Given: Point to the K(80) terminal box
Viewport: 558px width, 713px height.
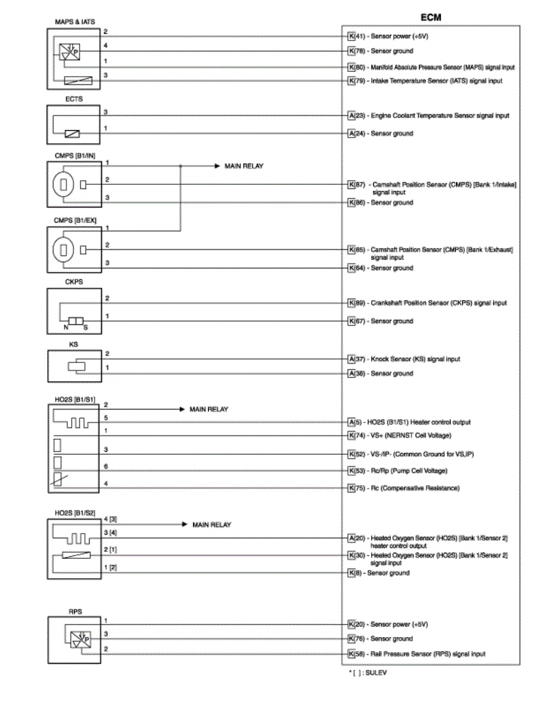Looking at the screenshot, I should tap(351, 67).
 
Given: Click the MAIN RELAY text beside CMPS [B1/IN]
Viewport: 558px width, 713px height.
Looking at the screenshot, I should tap(244, 166).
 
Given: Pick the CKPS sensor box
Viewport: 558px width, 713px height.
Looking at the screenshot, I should tap(73, 311).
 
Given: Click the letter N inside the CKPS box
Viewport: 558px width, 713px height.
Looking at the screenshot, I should tap(66, 327).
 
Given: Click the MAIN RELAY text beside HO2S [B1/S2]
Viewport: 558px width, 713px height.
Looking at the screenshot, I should tap(212, 525).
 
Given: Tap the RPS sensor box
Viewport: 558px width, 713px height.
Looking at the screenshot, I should tap(73, 638).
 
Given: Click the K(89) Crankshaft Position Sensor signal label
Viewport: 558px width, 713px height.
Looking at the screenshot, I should tap(431, 303).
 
